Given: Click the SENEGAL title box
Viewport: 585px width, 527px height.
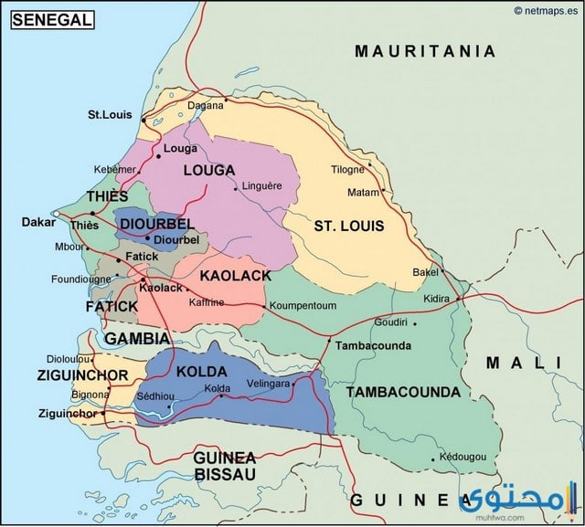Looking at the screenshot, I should pos(52,19).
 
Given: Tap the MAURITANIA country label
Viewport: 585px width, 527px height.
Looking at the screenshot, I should pos(425,51).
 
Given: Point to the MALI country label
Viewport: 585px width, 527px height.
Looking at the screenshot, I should pos(524,363).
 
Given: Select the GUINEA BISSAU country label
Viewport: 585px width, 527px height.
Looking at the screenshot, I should pos(224,465).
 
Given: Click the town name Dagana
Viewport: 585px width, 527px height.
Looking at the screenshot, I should pos(206,105).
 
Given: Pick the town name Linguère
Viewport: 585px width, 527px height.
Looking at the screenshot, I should pos(262,186).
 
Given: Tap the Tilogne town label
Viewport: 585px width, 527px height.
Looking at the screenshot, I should pos(347,169).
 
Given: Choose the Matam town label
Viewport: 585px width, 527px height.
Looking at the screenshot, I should pos(363,193).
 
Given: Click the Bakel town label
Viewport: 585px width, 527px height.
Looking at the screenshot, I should pos(426,272).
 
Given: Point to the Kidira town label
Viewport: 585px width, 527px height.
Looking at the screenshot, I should pos(437,299).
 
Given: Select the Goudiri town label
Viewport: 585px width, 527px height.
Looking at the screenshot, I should pos(390,322).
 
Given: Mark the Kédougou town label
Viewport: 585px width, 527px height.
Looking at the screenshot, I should pos(458,456).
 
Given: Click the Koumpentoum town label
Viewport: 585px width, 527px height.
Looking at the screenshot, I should pos(304,305).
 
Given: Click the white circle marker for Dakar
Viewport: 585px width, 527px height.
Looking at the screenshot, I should pos(57,216).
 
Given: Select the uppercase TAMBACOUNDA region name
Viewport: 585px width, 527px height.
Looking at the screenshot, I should pos(403,392).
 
